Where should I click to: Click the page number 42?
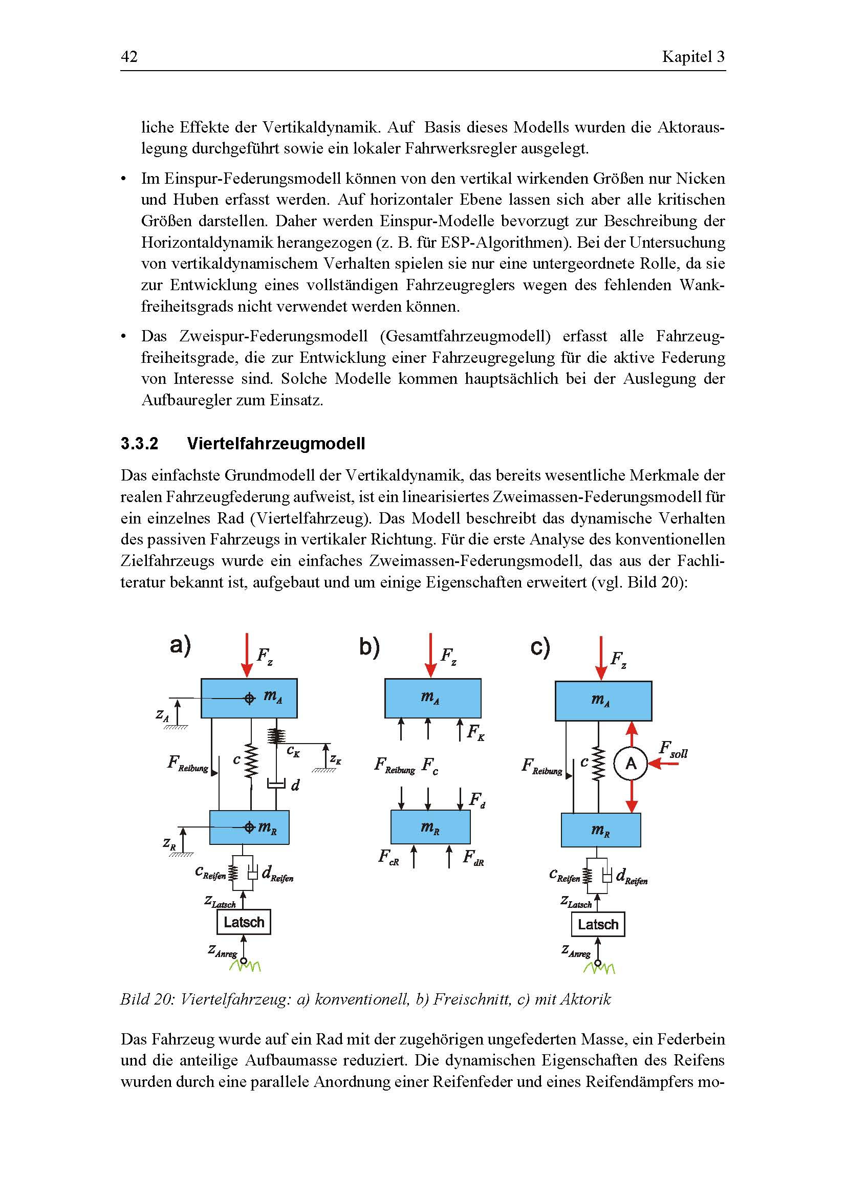coord(129,56)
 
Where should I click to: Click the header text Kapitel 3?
coord(693,56)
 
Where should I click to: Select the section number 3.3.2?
coord(139,444)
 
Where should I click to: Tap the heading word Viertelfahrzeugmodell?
coord(276,444)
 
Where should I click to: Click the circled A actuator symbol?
coord(631,764)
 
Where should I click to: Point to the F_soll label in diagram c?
coord(674,750)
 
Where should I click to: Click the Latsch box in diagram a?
coord(244,922)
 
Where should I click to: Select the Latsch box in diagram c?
coord(597,925)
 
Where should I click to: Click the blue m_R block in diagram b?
coord(430,827)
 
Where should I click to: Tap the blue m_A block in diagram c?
coord(603,701)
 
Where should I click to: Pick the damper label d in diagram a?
coord(295,785)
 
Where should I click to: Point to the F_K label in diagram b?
coord(475,733)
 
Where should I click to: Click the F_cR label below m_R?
coord(389,858)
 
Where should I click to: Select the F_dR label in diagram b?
coord(473,858)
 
